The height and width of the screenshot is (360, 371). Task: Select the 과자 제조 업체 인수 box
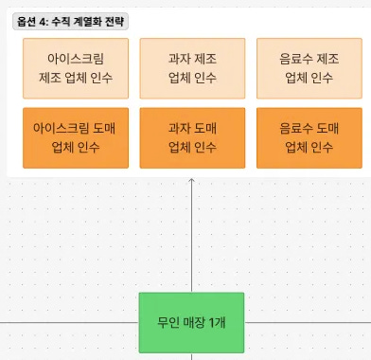click(192, 68)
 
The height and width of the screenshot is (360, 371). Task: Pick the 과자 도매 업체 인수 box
click(192, 137)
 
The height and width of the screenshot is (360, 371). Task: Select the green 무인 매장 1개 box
click(191, 322)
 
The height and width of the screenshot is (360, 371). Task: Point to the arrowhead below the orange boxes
click(192, 182)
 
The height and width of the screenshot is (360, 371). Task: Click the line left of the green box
click(66, 322)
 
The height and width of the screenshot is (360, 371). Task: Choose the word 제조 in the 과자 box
click(207, 58)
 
